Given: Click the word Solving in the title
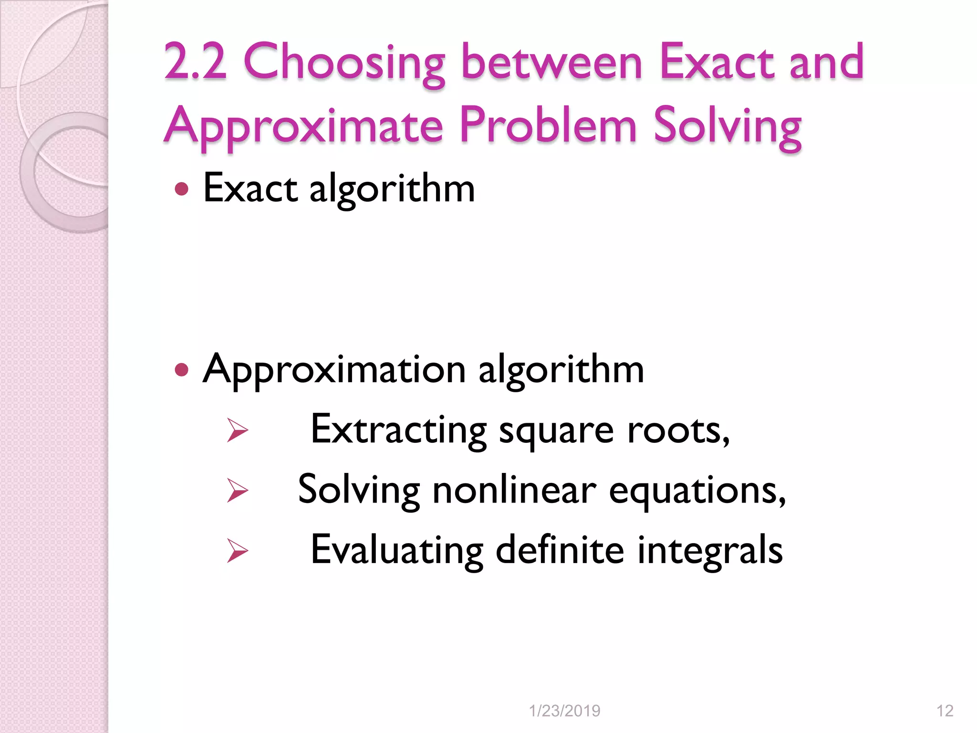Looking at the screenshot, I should (728, 126).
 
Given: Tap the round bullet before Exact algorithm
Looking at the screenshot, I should (182, 189).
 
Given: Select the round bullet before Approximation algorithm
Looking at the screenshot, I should (182, 369).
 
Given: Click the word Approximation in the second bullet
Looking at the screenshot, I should (334, 370).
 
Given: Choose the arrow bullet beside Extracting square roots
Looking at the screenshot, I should (237, 429).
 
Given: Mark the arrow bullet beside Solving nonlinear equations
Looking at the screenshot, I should (237, 490).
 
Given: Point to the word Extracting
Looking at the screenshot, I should (398, 429).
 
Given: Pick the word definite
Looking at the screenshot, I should (560, 550).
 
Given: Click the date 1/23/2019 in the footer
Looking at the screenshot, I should (564, 711).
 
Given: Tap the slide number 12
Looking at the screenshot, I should (945, 711).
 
